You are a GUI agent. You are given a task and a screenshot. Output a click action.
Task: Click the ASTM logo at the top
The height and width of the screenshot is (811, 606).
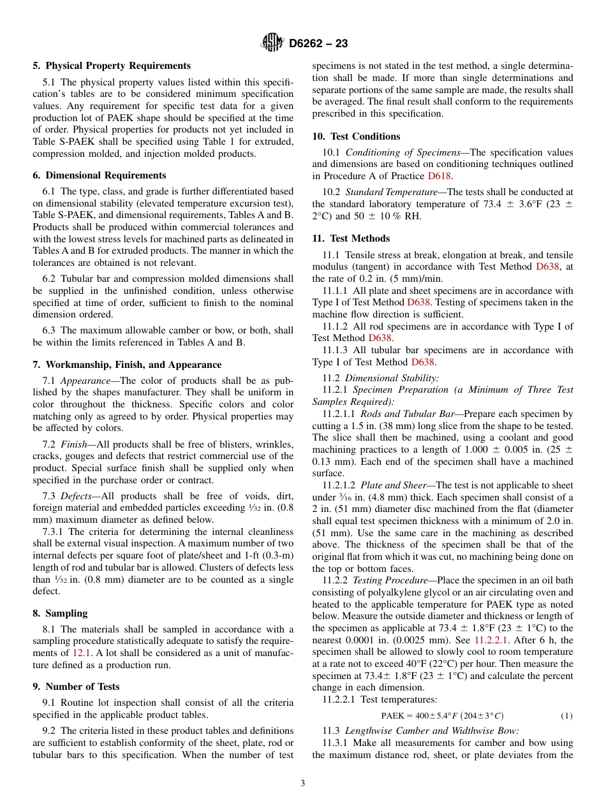pyautogui.click(x=272, y=43)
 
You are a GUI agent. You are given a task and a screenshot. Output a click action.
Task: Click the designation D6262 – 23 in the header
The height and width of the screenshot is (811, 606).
pyautogui.click(x=318, y=44)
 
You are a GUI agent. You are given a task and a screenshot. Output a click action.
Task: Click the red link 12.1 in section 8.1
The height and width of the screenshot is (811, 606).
pyautogui.click(x=82, y=653)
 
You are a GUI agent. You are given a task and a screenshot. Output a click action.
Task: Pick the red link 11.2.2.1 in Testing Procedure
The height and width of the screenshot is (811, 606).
pyautogui.click(x=494, y=640)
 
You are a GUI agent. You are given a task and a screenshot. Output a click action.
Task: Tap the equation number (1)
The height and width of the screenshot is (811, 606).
pyautogui.click(x=566, y=716)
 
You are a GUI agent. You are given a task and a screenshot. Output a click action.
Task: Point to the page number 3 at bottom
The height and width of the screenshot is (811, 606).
pyautogui.click(x=303, y=784)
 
